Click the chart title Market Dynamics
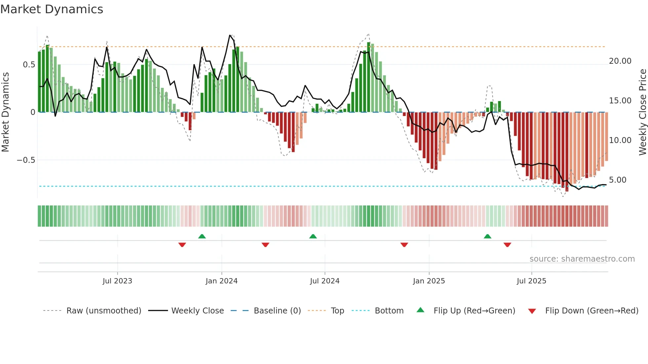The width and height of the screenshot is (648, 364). pyautogui.click(x=52, y=9)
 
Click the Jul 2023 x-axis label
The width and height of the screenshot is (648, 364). pyautogui.click(x=117, y=281)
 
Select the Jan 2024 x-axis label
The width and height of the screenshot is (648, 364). pyautogui.click(x=222, y=281)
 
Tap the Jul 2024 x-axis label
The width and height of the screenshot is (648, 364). pyautogui.click(x=325, y=281)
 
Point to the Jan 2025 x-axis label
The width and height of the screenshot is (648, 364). pyautogui.click(x=429, y=281)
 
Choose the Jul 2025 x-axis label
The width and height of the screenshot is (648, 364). pyautogui.click(x=532, y=281)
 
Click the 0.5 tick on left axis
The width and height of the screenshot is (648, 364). pyautogui.click(x=29, y=65)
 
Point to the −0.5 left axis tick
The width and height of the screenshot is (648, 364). pyautogui.click(x=26, y=160)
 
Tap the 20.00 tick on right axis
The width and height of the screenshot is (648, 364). pyautogui.click(x=620, y=61)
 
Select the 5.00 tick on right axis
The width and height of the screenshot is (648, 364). pyautogui.click(x=618, y=180)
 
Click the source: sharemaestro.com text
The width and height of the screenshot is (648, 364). pyautogui.click(x=582, y=259)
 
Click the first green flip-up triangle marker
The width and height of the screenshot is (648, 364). pyautogui.click(x=202, y=236)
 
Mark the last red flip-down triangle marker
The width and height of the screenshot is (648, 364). pyautogui.click(x=507, y=245)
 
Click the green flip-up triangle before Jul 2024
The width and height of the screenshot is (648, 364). pyautogui.click(x=313, y=236)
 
